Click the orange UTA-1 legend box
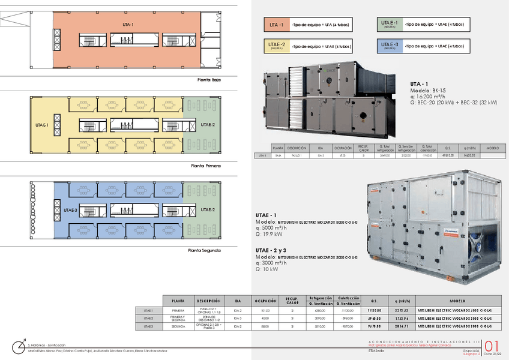coord(276,25)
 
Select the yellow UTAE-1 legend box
coord(276,46)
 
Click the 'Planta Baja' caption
coord(209,79)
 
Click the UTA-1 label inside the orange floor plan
coord(128,25)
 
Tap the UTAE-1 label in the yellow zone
coord(41,125)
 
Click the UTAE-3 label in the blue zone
coord(70,211)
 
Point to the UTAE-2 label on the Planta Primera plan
coord(208,125)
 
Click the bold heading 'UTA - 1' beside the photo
coord(419,84)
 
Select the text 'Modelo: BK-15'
coord(429,91)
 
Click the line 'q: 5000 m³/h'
coord(271,228)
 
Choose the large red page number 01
coord(492,347)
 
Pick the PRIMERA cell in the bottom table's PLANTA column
coord(178,310)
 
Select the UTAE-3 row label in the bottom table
coord(149,326)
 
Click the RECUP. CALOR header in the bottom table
coord(292,301)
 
